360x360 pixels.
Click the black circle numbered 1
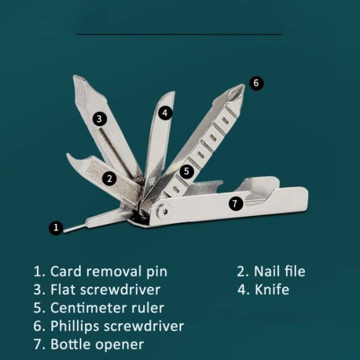coord(56,228)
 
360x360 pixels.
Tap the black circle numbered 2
coord(109,178)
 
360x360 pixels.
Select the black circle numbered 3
coord(99,119)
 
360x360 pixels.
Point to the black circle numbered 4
coord(165,113)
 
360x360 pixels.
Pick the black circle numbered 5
coord(186,171)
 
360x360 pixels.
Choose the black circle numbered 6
coord(256,83)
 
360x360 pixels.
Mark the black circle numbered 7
coord(236,204)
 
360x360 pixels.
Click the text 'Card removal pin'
coord(109,272)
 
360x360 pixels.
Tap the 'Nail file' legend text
coord(280,272)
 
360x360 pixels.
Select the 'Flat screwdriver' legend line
coord(105,290)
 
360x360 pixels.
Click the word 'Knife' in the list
coord(272,290)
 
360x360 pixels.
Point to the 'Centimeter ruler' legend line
coord(107,308)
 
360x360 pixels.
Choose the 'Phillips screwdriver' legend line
coord(117,327)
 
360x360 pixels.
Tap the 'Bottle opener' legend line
coord(97,345)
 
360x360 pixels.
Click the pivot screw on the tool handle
coord(164,211)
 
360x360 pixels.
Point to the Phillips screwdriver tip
coord(237,92)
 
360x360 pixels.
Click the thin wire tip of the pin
coord(64,231)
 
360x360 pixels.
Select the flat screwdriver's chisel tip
coord(79,77)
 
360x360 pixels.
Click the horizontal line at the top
coord(179,34)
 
